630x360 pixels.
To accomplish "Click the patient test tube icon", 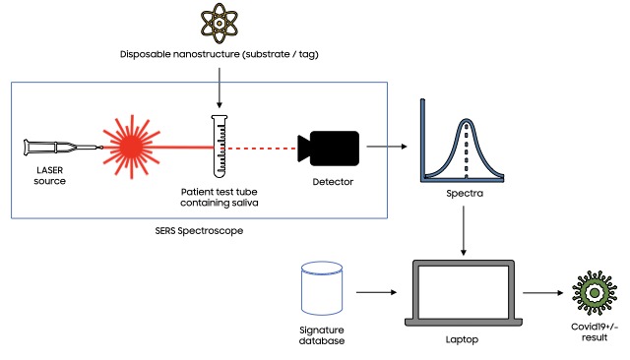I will tap(218, 144).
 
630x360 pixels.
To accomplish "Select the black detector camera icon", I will tap(325, 148).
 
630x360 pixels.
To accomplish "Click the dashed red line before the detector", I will tap(262, 148).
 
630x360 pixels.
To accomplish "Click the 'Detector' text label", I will tap(324, 183).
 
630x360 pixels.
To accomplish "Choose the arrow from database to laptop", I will tap(377, 292).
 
